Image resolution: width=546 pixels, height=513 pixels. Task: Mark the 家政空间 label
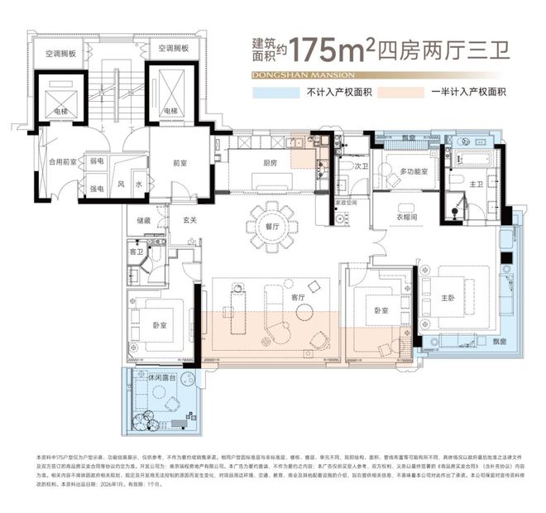click(346, 201)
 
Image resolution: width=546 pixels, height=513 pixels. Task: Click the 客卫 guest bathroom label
click(137, 250)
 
